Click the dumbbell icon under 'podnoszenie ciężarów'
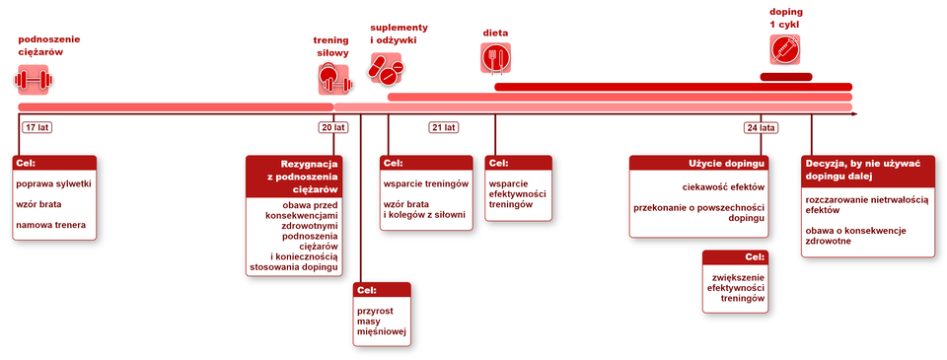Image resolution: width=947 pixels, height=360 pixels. tap(34, 80)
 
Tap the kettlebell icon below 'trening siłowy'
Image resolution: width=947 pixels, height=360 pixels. tap(334, 79)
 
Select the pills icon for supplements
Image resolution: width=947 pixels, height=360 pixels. tap(387, 68)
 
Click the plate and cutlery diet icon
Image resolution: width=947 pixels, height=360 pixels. tap(496, 58)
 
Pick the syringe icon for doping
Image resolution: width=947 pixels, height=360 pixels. tap(785, 49)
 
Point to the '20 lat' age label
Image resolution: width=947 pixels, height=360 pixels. tap(333, 127)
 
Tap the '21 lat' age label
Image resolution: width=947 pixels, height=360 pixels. tap(444, 127)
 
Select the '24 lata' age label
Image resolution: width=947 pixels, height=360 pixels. tap(761, 127)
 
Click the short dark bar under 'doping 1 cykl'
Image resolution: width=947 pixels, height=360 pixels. tap(786, 77)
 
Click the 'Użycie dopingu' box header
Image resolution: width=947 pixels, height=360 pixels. tap(698, 163)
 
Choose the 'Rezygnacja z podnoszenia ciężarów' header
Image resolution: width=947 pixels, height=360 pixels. tap(294, 177)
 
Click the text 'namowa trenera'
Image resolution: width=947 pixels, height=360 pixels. tap(50, 225)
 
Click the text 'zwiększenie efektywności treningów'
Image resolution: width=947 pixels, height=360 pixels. tap(736, 288)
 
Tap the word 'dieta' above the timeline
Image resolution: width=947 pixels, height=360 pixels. tap(495, 33)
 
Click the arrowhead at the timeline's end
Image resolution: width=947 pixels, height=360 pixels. tap(854, 113)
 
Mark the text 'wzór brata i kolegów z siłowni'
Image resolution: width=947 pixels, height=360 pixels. tap(426, 210)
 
